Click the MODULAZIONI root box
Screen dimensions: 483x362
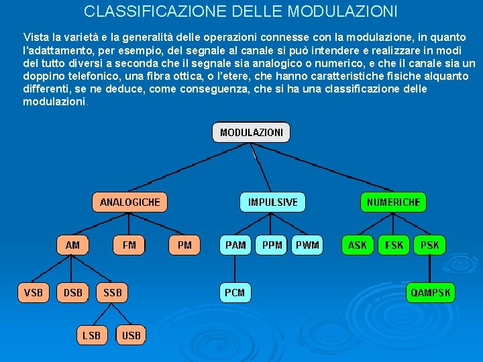(252, 133)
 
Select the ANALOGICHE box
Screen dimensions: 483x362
(129, 202)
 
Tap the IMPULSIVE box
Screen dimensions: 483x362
(272, 202)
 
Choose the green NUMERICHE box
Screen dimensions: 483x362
(393, 202)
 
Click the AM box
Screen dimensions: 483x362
(72, 245)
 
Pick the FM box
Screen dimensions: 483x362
(129, 245)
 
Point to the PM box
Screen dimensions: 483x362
(184, 245)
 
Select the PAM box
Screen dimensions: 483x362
(235, 245)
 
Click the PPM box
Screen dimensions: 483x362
(272, 245)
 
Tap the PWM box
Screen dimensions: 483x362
(307, 245)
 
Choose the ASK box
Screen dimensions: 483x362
(358, 245)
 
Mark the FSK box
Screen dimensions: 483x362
(394, 245)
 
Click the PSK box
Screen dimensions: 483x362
(429, 245)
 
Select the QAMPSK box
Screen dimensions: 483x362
(431, 292)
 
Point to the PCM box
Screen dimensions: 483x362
(235, 292)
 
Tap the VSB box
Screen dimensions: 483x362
(33, 292)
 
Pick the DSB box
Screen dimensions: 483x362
(72, 292)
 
